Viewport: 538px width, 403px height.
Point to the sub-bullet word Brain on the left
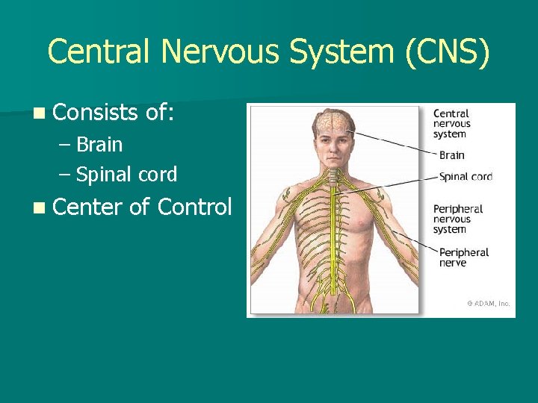pyautogui.click(x=99, y=144)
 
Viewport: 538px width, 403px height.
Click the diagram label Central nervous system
pyautogui.click(x=452, y=124)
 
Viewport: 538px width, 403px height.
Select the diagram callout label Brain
pyautogui.click(x=452, y=155)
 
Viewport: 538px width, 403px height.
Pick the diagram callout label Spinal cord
pyautogui.click(x=466, y=177)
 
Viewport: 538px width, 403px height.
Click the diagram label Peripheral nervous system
pyautogui.click(x=458, y=219)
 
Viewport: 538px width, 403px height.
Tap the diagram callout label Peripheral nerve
pyautogui.click(x=463, y=257)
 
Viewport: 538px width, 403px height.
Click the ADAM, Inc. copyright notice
pyautogui.click(x=488, y=304)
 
